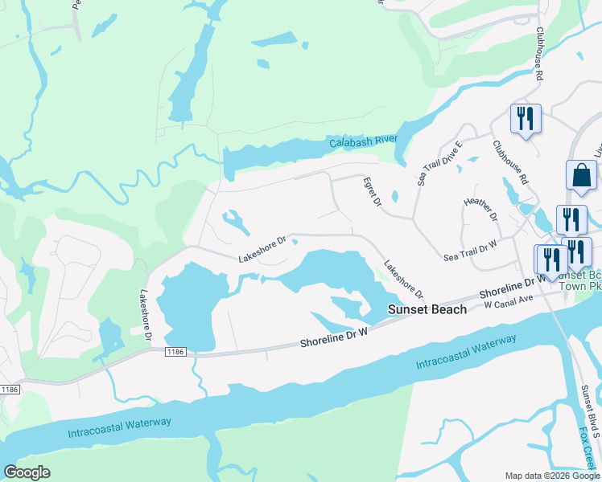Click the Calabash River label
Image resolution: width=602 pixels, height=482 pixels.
[364, 142]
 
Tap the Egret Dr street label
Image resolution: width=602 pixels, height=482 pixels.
[371, 192]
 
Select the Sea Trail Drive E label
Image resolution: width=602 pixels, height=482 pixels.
[439, 164]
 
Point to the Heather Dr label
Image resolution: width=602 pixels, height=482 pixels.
[481, 211]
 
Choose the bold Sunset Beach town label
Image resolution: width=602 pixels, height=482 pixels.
[427, 309]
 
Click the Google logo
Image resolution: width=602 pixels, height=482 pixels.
[27, 472]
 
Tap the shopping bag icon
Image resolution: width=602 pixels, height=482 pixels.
[581, 175]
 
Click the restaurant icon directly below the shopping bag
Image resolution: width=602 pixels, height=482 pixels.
[571, 218]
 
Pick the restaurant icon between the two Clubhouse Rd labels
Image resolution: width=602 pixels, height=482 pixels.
[526, 119]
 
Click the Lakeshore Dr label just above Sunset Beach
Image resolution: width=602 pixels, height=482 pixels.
[403, 277]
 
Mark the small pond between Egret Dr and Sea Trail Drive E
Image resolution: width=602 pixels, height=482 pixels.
[394, 195]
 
